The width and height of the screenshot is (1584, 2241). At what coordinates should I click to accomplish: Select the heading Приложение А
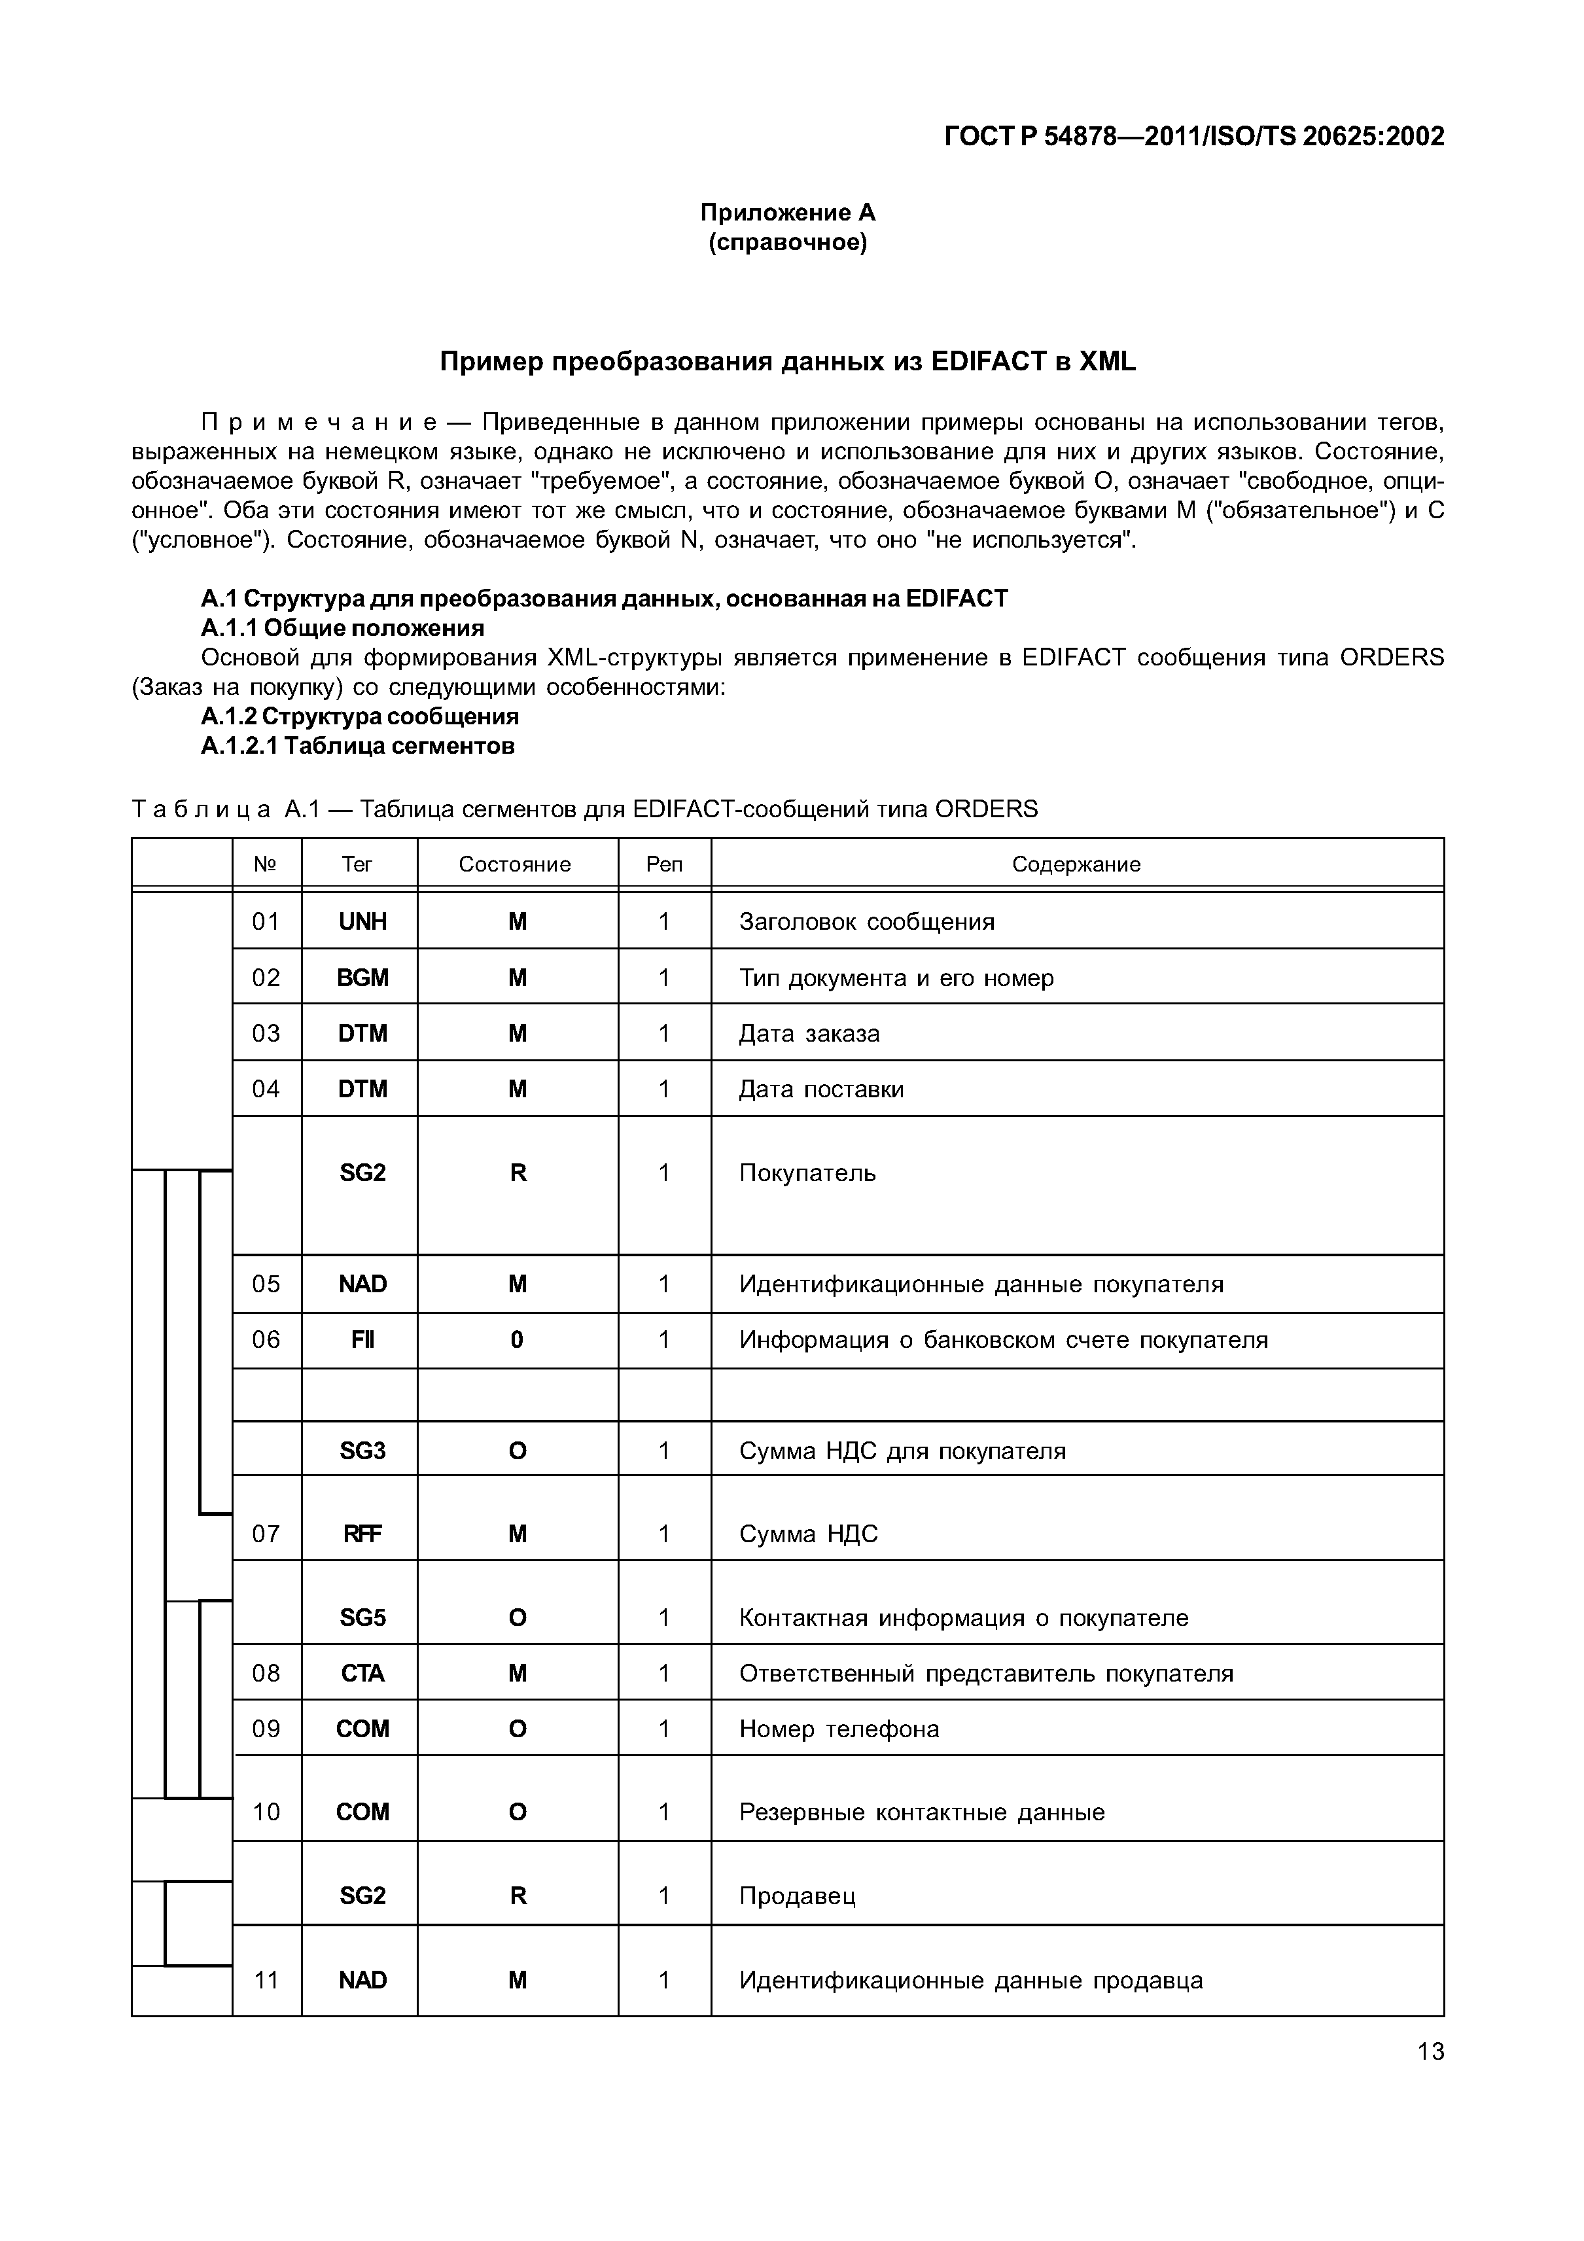coord(788,212)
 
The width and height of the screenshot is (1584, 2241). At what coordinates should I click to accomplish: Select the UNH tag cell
coord(362,921)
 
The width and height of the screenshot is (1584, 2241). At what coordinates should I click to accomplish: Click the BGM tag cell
coord(362,977)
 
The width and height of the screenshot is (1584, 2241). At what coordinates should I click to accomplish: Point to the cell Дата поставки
coord(821,1089)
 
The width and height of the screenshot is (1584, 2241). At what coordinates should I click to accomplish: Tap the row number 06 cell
coord(266,1339)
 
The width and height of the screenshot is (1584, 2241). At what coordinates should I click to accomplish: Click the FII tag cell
coord(362,1339)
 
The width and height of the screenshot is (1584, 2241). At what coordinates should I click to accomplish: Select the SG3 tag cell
coord(362,1451)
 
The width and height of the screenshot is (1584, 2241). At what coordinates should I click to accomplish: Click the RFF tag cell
coord(362,1533)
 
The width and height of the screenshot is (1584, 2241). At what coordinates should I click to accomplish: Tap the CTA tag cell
coord(362,1673)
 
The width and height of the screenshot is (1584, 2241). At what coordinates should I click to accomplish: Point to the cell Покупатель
coord(807,1173)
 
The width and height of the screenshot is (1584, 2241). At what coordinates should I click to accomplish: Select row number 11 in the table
coord(266,1979)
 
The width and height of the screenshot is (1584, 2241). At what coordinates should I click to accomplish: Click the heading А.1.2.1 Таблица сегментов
coord(357,746)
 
